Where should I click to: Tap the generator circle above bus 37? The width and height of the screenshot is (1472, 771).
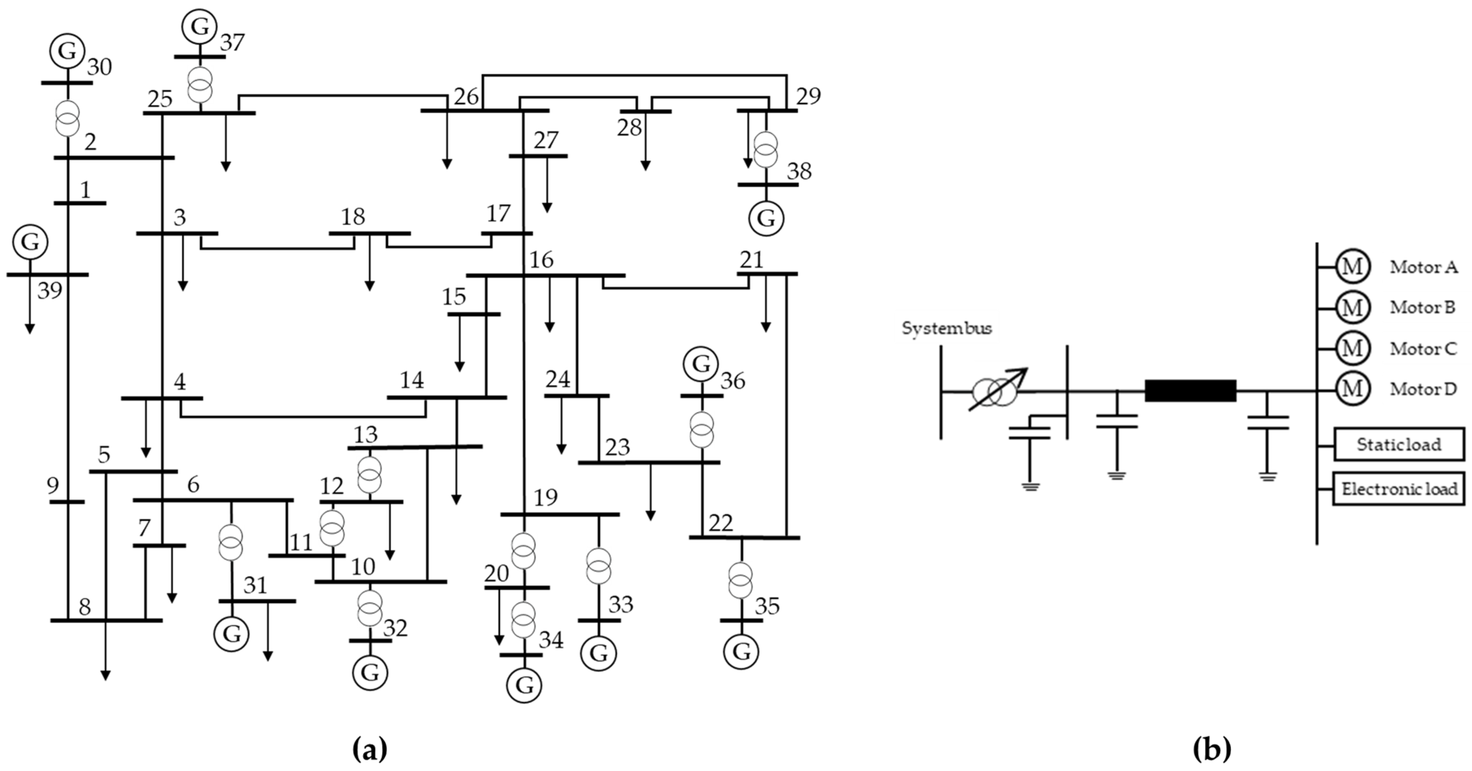(199, 26)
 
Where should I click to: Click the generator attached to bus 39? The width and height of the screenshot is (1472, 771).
(30, 242)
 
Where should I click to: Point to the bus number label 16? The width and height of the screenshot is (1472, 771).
(541, 260)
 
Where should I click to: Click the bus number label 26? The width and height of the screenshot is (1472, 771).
(466, 96)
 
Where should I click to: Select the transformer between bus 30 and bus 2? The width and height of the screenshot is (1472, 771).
(67, 119)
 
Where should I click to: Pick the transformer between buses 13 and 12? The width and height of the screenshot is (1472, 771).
(369, 475)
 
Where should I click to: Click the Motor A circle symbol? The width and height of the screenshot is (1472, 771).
(1352, 267)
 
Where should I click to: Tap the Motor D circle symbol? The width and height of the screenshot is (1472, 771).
(1352, 389)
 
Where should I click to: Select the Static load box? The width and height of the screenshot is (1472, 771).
(1399, 444)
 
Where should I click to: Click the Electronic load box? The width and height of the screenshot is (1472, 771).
(1399, 489)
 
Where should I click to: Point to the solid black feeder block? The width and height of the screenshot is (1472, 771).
(1190, 391)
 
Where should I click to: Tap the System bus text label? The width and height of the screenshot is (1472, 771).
(946, 328)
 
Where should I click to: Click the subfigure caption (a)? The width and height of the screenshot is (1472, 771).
(370, 749)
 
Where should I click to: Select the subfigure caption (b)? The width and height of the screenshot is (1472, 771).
(1211, 749)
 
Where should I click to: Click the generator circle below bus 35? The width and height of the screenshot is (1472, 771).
(741, 651)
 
